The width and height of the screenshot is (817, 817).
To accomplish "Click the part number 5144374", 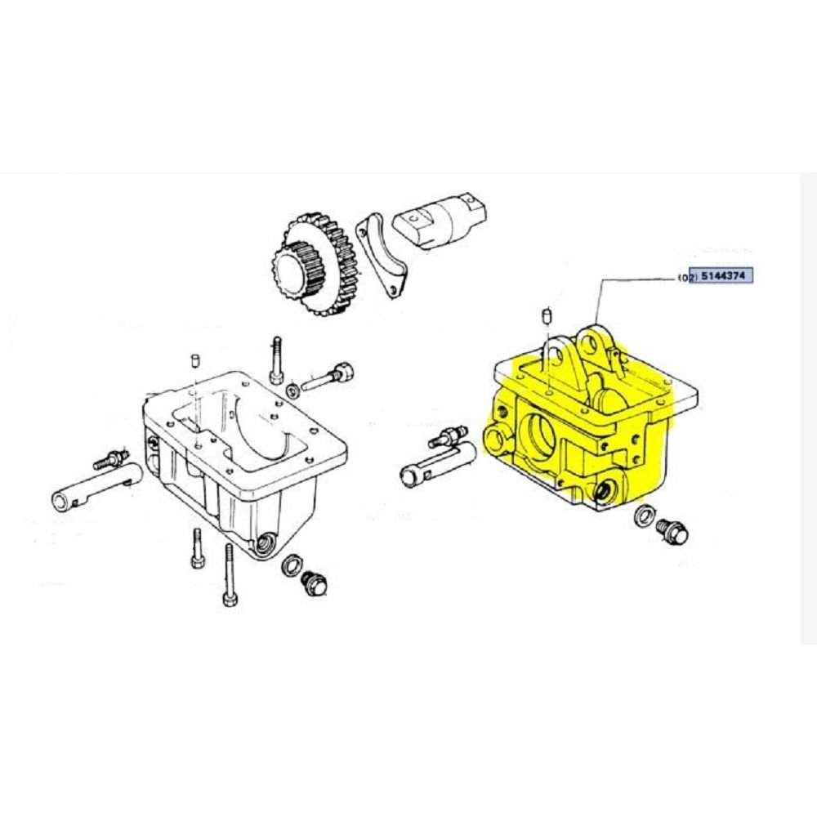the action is pyautogui.click(x=723, y=275).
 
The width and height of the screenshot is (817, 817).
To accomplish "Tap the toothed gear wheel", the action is pyautogui.click(x=315, y=266).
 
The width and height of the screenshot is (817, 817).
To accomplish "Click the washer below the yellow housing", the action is pyautogui.click(x=645, y=516).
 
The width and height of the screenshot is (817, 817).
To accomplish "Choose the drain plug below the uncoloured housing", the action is pyautogui.click(x=315, y=583).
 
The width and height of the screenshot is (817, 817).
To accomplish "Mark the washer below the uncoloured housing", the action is pyautogui.click(x=291, y=565).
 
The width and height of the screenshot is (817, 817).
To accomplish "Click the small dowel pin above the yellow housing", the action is pyautogui.click(x=547, y=315).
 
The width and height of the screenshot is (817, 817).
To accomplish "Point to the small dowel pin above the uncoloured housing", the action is pyautogui.click(x=195, y=360).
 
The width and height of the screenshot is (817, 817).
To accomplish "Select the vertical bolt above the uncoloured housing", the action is pyautogui.click(x=277, y=360).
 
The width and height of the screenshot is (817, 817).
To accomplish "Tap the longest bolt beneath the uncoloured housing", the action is pyautogui.click(x=230, y=575).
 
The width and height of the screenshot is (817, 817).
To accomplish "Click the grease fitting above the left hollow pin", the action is pyautogui.click(x=111, y=458).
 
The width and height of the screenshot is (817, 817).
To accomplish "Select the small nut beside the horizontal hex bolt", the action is pyautogui.click(x=292, y=390).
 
